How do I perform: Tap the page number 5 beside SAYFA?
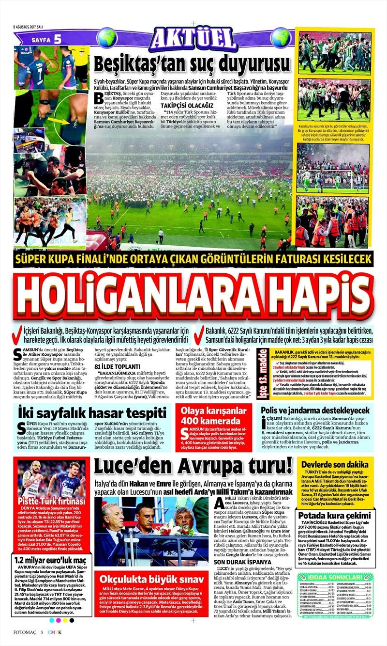(x=58, y=39)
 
